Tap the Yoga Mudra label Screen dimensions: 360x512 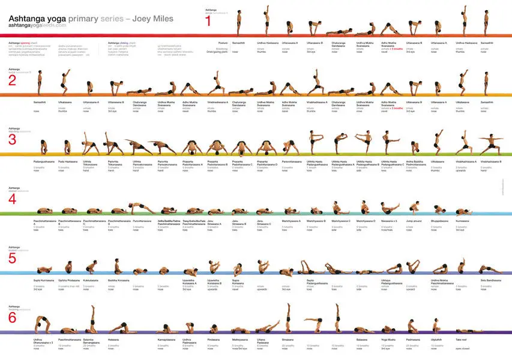(x=388, y=339)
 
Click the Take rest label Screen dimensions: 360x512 (x=461, y=339)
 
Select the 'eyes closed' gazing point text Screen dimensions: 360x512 (x=462, y=347)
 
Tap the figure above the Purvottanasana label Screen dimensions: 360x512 (x=141, y=209)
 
